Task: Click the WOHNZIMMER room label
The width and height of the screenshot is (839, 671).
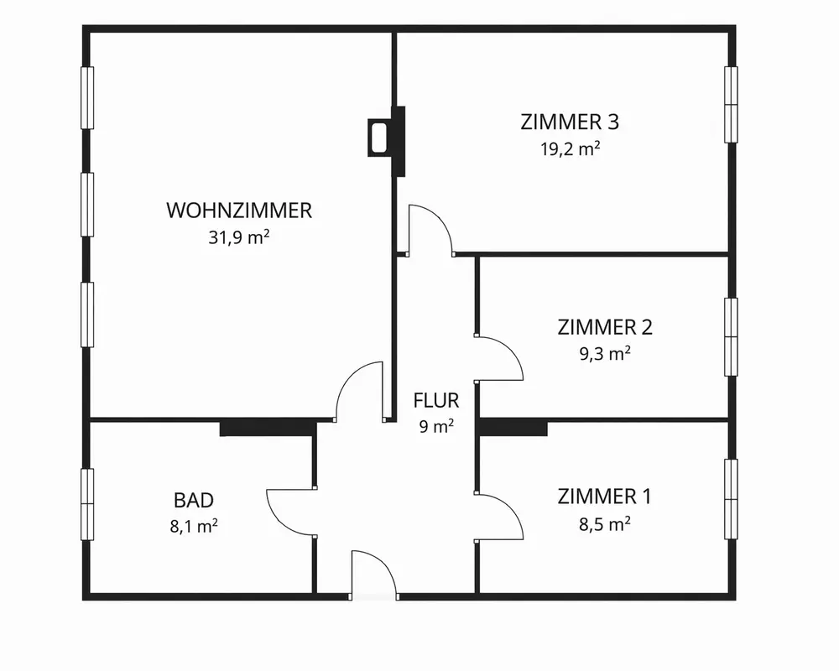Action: pyautogui.click(x=239, y=211)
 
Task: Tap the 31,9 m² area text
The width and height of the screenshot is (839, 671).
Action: pyautogui.click(x=239, y=237)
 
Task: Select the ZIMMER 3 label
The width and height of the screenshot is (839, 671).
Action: pyautogui.click(x=570, y=122)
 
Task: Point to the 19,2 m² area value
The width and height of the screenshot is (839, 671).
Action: pyautogui.click(x=570, y=149)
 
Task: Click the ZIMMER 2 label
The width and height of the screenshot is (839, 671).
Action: pyautogui.click(x=605, y=326)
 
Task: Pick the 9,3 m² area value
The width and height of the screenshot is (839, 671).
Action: pyautogui.click(x=605, y=353)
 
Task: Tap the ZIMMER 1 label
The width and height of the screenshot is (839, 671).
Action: pyautogui.click(x=604, y=497)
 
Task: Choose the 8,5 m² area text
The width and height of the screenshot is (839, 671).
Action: pyautogui.click(x=605, y=524)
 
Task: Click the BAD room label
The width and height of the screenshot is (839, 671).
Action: pyautogui.click(x=194, y=501)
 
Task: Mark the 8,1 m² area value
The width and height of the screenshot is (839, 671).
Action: pyautogui.click(x=194, y=527)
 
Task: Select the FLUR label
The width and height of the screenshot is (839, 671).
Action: pyautogui.click(x=436, y=400)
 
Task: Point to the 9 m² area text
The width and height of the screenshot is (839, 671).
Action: pyautogui.click(x=436, y=426)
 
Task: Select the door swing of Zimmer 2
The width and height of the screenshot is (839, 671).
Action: pyautogui.click(x=500, y=359)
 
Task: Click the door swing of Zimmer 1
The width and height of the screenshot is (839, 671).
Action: pyautogui.click(x=500, y=516)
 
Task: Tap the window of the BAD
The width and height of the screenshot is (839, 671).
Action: pyautogui.click(x=86, y=504)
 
